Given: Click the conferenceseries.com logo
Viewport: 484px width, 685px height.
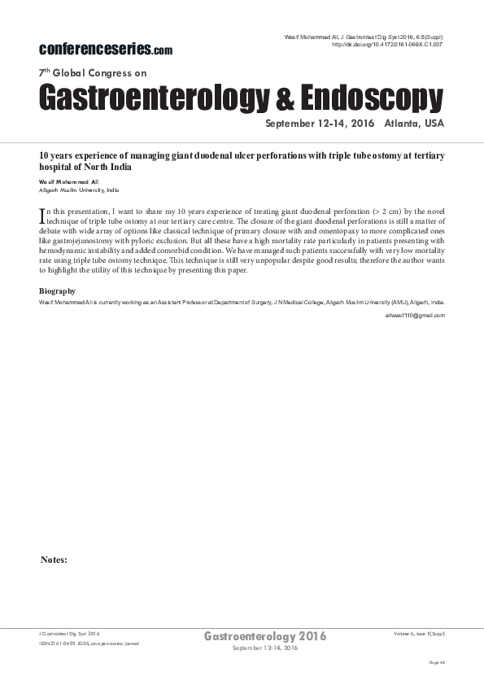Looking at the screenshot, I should [106, 49].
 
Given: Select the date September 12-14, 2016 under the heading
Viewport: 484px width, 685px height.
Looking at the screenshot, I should [317, 124].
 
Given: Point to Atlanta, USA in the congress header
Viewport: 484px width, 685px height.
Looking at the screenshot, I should [415, 124].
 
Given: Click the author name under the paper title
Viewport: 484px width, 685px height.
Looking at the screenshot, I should [69, 181].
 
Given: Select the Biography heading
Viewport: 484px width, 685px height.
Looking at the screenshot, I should [57, 290].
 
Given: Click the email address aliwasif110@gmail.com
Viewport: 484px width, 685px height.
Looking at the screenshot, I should [415, 315].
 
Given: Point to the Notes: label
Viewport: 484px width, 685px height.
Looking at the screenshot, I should [54, 560].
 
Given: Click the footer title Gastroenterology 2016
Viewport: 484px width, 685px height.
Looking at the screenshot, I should [265, 636].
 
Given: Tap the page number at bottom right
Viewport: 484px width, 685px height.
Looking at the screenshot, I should [437, 663].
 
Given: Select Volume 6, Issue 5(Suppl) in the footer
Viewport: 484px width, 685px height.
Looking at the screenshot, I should [418, 633].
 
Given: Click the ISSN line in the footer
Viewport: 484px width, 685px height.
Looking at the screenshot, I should [89, 644].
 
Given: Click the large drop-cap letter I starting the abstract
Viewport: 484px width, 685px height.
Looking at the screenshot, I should [42, 216].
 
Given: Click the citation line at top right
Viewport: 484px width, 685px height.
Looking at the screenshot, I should [363, 37].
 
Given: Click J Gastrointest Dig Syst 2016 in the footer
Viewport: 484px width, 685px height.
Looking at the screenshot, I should [70, 633].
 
